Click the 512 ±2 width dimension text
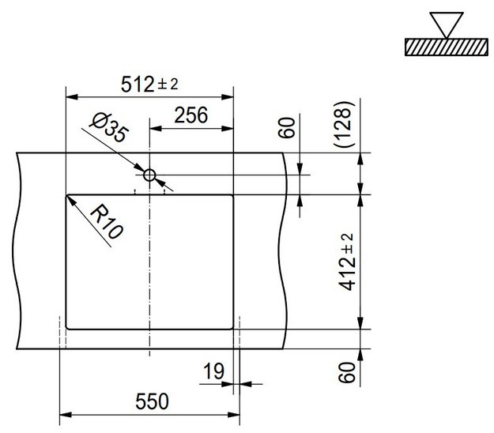[x=149, y=84]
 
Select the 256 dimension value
[x=191, y=115]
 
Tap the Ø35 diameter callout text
[x=109, y=127]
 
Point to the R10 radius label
[x=107, y=221]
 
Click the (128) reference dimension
[x=342, y=124]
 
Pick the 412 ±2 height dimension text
[x=346, y=262]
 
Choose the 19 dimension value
[x=214, y=371]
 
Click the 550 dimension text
[x=153, y=401]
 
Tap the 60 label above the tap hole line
[x=286, y=127]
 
